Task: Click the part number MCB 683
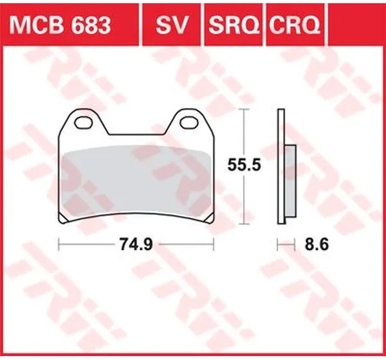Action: [60, 25]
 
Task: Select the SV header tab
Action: [172, 25]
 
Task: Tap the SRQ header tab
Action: [233, 25]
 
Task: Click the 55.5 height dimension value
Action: [244, 165]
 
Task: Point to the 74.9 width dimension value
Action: [136, 244]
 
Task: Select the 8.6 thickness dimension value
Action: [317, 244]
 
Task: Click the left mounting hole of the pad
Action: [84, 123]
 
